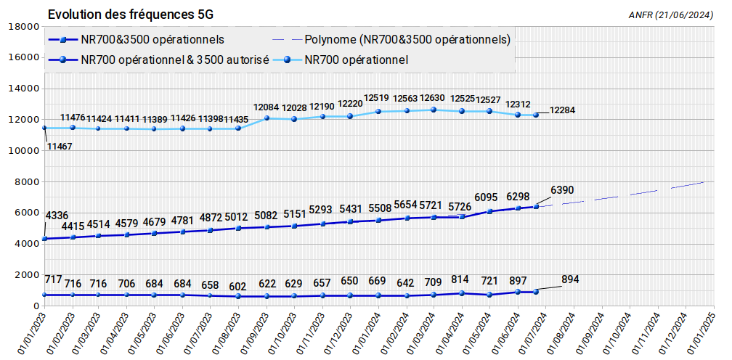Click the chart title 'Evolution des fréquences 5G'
coord(131,15)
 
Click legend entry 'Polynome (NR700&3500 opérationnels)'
coord(407,39)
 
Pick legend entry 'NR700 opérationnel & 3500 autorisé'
coord(175,60)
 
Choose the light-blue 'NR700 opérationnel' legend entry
coord(357,60)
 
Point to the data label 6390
coord(562,190)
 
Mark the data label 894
coord(570,280)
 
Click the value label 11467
coord(60,147)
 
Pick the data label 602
coord(237,285)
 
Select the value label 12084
coord(266,107)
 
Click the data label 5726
coord(460,207)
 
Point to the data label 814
coord(460,279)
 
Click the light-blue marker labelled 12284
coord(536,115)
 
